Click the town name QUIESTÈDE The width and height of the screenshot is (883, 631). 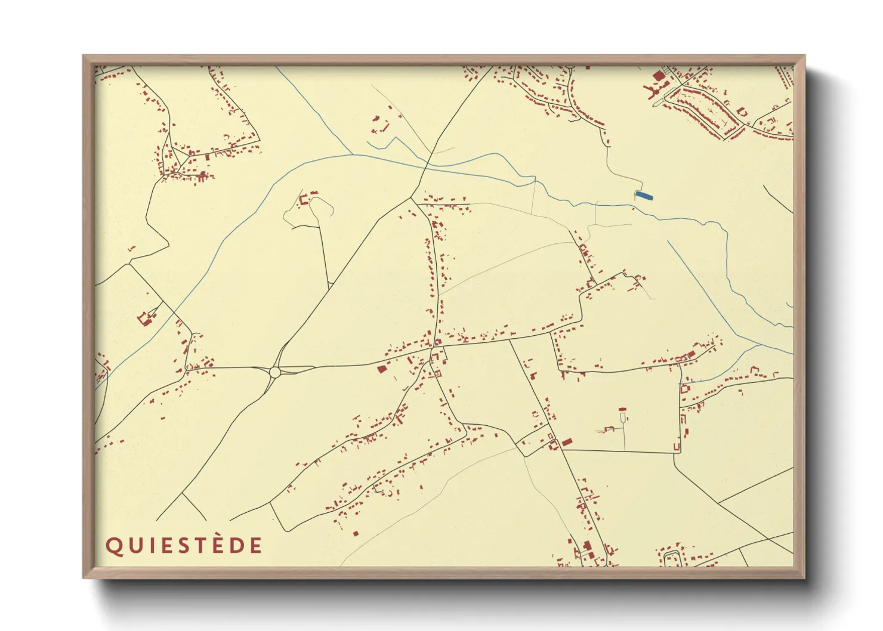click(184, 546)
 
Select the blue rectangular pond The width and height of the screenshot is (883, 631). click(644, 195)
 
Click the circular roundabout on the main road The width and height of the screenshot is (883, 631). click(274, 372)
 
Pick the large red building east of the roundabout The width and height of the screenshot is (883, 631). click(382, 369)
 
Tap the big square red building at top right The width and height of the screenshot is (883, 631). click(659, 76)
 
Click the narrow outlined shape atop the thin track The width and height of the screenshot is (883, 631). click(623, 414)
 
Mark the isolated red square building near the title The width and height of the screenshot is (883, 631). click(356, 533)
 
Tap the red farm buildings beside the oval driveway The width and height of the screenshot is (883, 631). click(305, 198)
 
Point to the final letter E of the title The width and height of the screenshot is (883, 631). click(255, 546)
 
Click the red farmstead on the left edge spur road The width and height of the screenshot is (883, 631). click(144, 318)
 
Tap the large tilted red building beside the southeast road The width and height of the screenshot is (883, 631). click(566, 441)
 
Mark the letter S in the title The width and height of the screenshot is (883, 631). click(183, 546)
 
